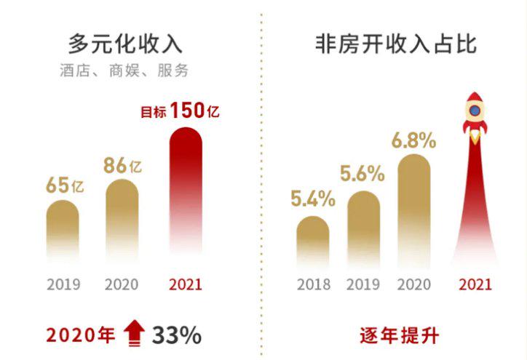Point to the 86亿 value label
pos(122,165)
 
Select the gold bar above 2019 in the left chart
pos(63,233)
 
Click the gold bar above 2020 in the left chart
pos(122,222)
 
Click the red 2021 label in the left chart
pos(185,284)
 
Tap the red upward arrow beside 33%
pos(133,335)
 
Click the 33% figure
pos(177,335)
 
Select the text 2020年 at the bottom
pos(80,335)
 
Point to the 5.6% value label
pos(362,174)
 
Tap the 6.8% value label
pos(413,140)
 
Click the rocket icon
pos(475,116)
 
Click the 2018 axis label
pos(314,284)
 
